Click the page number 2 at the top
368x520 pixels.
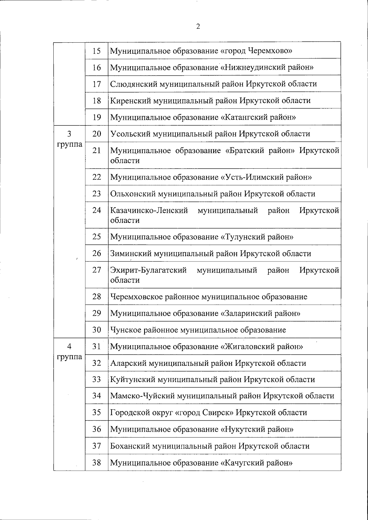click(x=198, y=27)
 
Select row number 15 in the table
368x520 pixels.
click(x=97, y=51)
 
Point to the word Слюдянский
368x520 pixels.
click(x=133, y=84)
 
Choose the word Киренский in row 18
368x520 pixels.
click(x=130, y=100)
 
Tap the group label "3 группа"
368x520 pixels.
click(x=70, y=139)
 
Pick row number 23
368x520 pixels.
click(x=97, y=194)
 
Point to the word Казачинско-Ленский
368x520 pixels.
click(x=149, y=211)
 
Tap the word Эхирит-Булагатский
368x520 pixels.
click(x=148, y=270)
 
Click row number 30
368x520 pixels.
click(x=97, y=330)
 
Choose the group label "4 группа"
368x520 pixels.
click(x=70, y=352)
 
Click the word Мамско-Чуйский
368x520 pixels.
click(x=143, y=396)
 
